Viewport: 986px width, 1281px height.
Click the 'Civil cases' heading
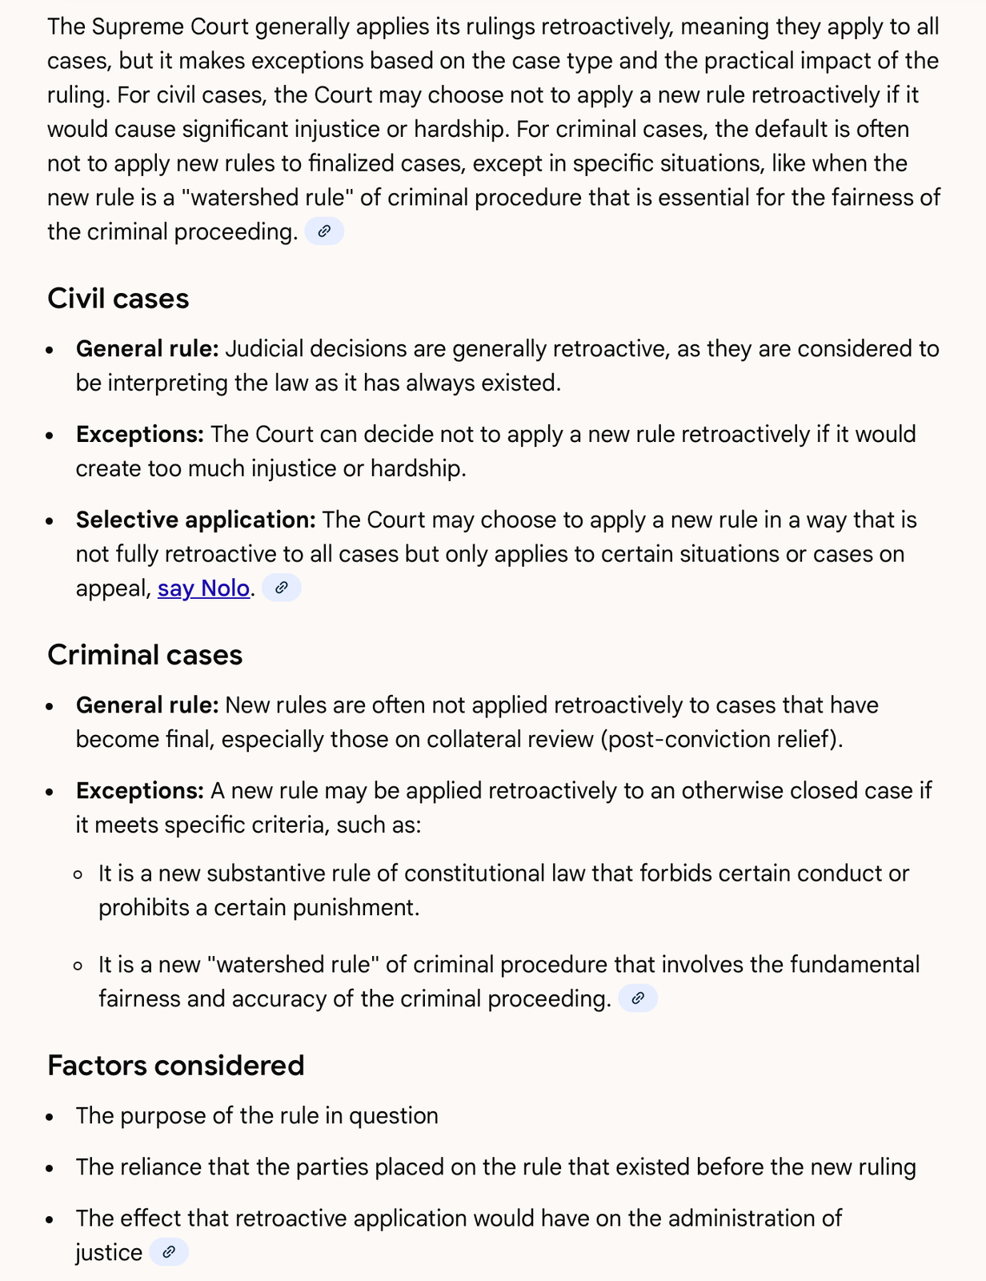tap(118, 299)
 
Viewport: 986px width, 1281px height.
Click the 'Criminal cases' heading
tap(145, 655)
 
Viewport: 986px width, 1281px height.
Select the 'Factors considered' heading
tap(175, 1066)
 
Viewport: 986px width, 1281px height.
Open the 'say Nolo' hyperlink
tap(203, 588)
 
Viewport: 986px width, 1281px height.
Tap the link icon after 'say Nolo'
tap(282, 588)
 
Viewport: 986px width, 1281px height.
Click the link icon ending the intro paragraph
tap(324, 231)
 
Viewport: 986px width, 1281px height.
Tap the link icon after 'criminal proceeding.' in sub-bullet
tap(638, 998)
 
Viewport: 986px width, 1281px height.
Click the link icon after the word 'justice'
tap(169, 1252)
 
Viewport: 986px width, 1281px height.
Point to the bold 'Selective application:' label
tap(196, 520)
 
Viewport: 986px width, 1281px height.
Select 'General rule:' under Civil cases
tap(147, 349)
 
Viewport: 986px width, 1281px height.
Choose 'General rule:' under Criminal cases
tap(147, 705)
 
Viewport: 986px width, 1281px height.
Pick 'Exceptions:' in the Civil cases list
tap(140, 435)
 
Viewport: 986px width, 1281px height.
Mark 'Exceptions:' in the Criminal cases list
tap(140, 791)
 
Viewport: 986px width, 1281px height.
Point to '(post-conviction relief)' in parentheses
tap(720, 739)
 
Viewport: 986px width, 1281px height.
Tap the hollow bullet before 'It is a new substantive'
tap(78, 874)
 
